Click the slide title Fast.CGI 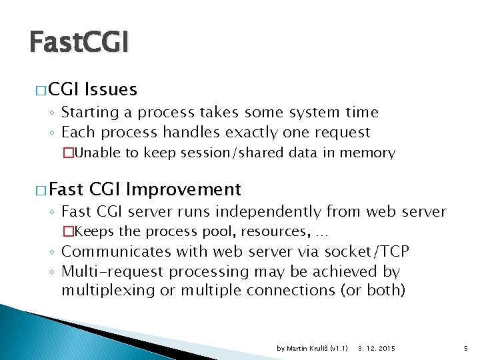[79, 43]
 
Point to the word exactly [257, 132]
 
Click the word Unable [99, 153]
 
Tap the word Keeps [97, 232]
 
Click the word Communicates [116, 251]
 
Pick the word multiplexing [106, 290]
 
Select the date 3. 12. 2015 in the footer [377, 349]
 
